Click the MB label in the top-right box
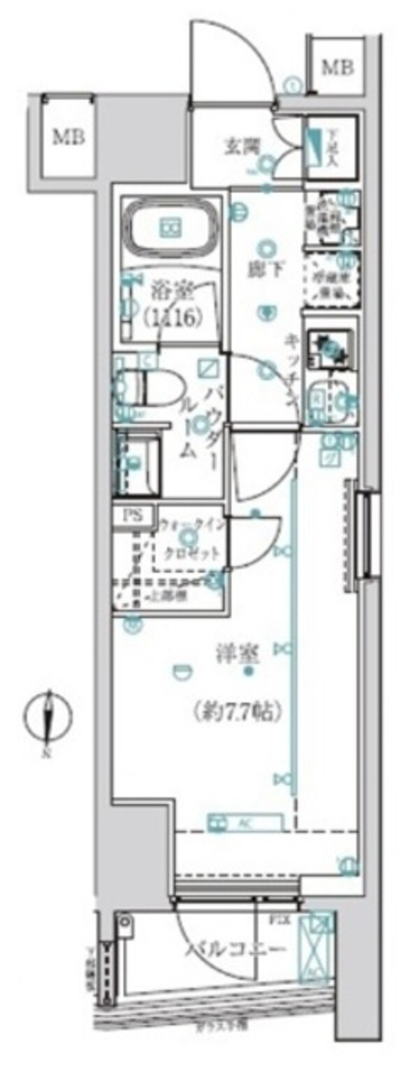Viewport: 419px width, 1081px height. click(337, 68)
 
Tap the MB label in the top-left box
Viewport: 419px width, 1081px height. click(68, 136)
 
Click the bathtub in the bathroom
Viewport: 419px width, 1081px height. click(170, 228)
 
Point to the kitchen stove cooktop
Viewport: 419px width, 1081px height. click(330, 346)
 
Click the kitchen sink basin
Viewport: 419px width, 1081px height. click(330, 400)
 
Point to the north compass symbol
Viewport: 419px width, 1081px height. click(47, 716)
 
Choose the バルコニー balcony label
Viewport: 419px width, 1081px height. click(236, 950)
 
